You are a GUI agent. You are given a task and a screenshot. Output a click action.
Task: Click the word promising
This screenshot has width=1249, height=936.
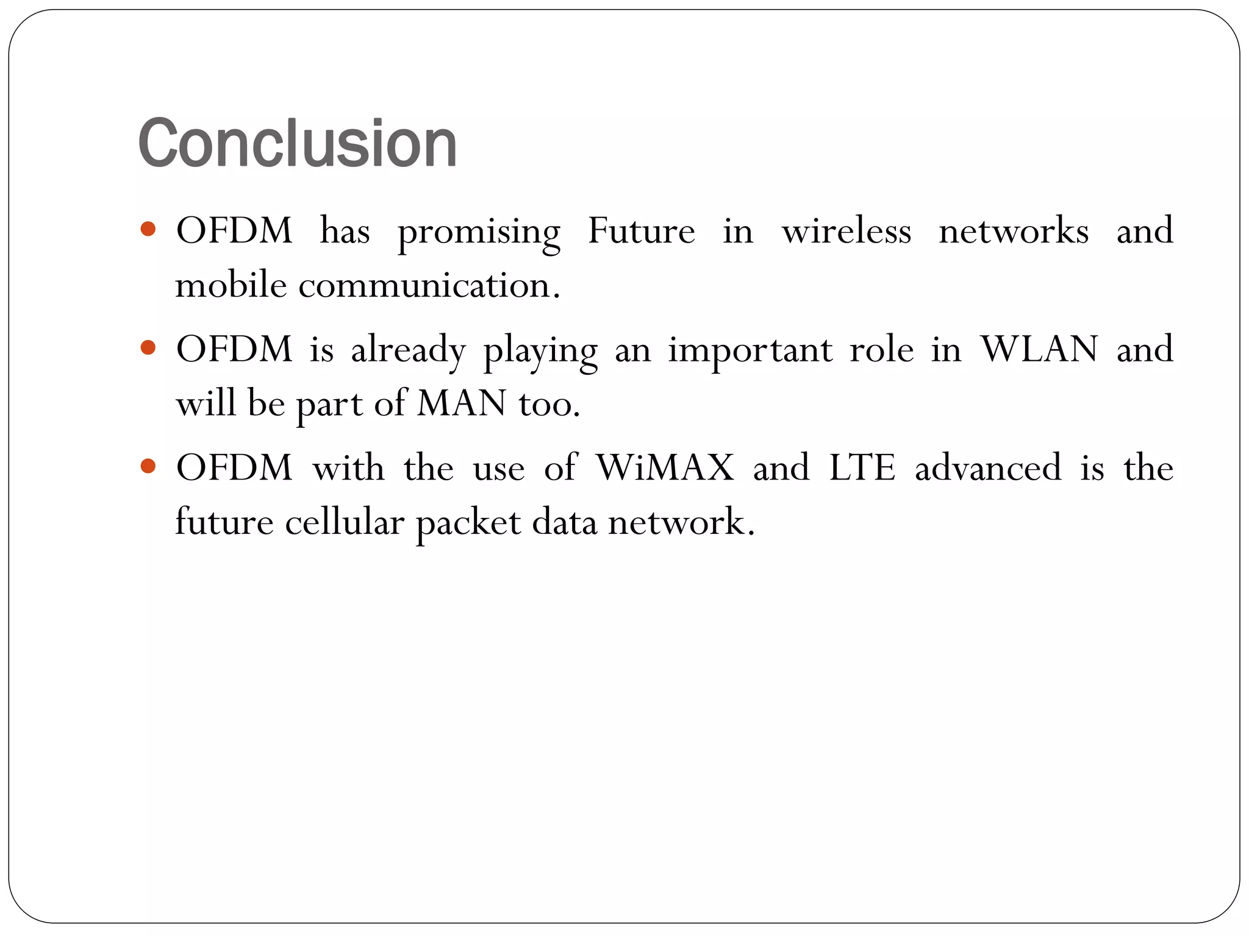pos(479,232)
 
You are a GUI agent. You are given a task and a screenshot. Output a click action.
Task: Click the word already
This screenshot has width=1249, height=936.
pos(408,350)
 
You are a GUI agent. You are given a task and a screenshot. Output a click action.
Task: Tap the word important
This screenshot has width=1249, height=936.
pos(750,350)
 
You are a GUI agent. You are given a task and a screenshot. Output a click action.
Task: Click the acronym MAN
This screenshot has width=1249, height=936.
pos(462,403)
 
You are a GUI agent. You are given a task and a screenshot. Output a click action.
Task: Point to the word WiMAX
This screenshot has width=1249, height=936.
pos(665,467)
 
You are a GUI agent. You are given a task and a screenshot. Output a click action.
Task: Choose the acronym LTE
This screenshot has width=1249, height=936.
pos(862,467)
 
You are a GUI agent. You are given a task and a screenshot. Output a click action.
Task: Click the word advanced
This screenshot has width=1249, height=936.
pos(988,467)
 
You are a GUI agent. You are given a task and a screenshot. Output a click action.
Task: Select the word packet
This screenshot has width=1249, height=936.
pos(468,523)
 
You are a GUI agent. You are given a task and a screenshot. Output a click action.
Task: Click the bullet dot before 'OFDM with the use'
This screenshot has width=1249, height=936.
pos(148,467)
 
